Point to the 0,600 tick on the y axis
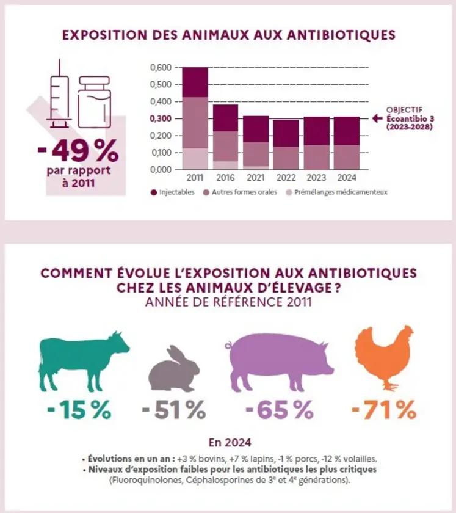pyautogui.click(x=161, y=67)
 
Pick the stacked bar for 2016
pyautogui.click(x=225, y=137)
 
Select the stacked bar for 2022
pyautogui.click(x=286, y=145)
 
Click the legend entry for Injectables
pyautogui.click(x=173, y=192)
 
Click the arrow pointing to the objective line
pyautogui.click(x=378, y=118)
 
